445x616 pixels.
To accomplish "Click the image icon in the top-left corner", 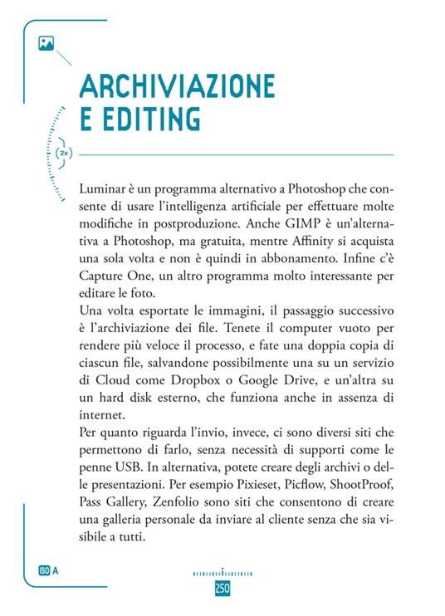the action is coord(46,43).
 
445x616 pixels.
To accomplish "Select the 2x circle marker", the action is coord(64,154).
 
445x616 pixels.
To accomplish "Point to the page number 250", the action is coord(222,588).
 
